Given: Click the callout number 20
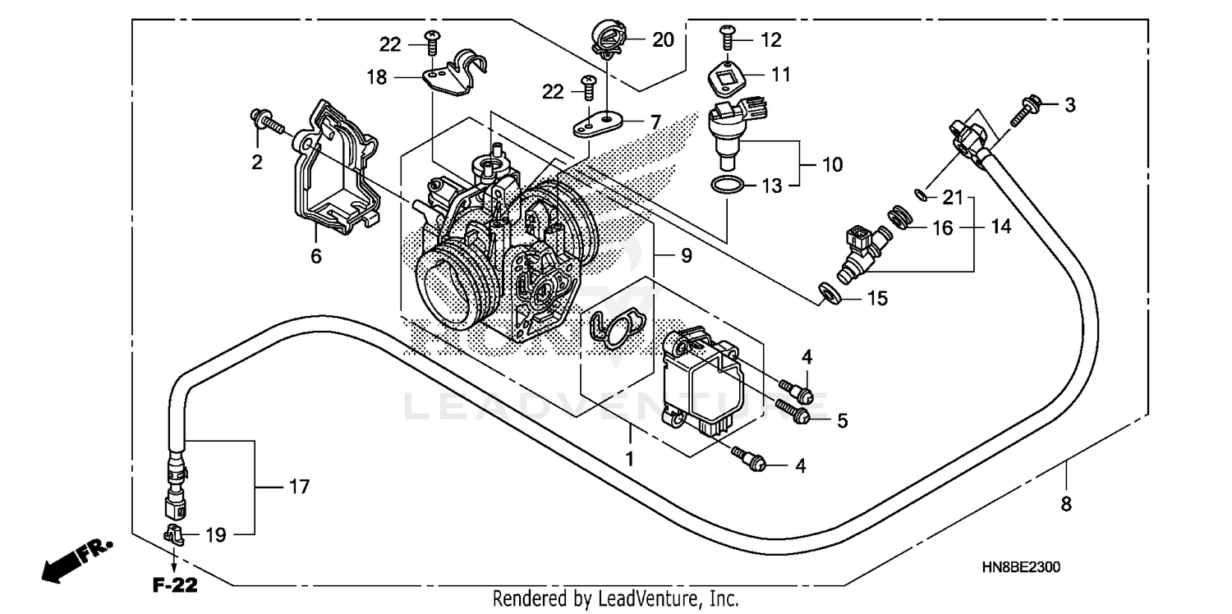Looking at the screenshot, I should [662, 39].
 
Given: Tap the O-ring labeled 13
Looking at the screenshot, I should [726, 186].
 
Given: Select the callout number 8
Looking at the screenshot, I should [1066, 505].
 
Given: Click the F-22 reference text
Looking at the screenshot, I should [175, 586].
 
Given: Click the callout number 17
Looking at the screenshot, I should [299, 488].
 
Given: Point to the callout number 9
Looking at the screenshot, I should [686, 255].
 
